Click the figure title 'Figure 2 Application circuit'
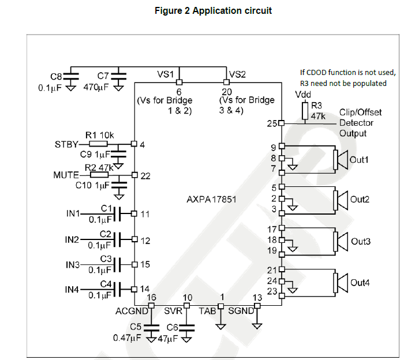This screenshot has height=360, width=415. [x=213, y=10]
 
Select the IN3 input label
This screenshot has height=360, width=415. [x=73, y=264]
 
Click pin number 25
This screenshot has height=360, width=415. [x=272, y=123]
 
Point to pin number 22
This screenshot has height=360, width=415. [x=145, y=175]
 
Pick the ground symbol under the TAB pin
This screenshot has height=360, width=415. [x=220, y=325]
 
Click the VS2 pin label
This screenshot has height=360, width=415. [x=238, y=74]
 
